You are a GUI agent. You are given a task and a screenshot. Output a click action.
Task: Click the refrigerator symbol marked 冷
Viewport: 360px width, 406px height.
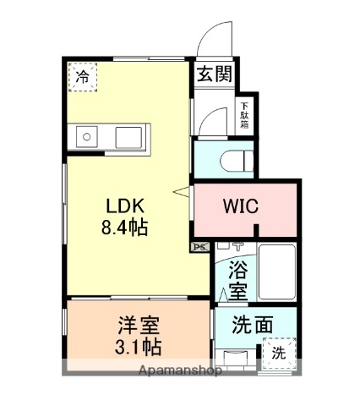(82, 77)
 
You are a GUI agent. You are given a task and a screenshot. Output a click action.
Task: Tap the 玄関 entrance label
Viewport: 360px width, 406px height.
(215, 74)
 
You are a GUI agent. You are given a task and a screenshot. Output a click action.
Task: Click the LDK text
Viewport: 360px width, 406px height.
(127, 206)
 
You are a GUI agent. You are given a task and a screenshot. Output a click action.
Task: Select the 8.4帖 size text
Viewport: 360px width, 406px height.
(127, 228)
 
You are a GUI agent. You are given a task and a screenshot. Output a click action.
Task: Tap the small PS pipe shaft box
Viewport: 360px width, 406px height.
(199, 247)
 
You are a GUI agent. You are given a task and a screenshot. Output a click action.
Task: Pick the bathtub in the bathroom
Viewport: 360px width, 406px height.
(275, 272)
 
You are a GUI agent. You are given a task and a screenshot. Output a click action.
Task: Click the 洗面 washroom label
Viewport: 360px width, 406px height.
(252, 323)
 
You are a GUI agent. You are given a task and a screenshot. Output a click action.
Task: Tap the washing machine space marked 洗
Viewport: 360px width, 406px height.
(278, 352)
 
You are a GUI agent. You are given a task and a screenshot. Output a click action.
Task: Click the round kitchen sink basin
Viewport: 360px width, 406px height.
(85, 135)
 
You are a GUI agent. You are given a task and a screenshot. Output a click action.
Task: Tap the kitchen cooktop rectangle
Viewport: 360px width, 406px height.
(130, 135)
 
